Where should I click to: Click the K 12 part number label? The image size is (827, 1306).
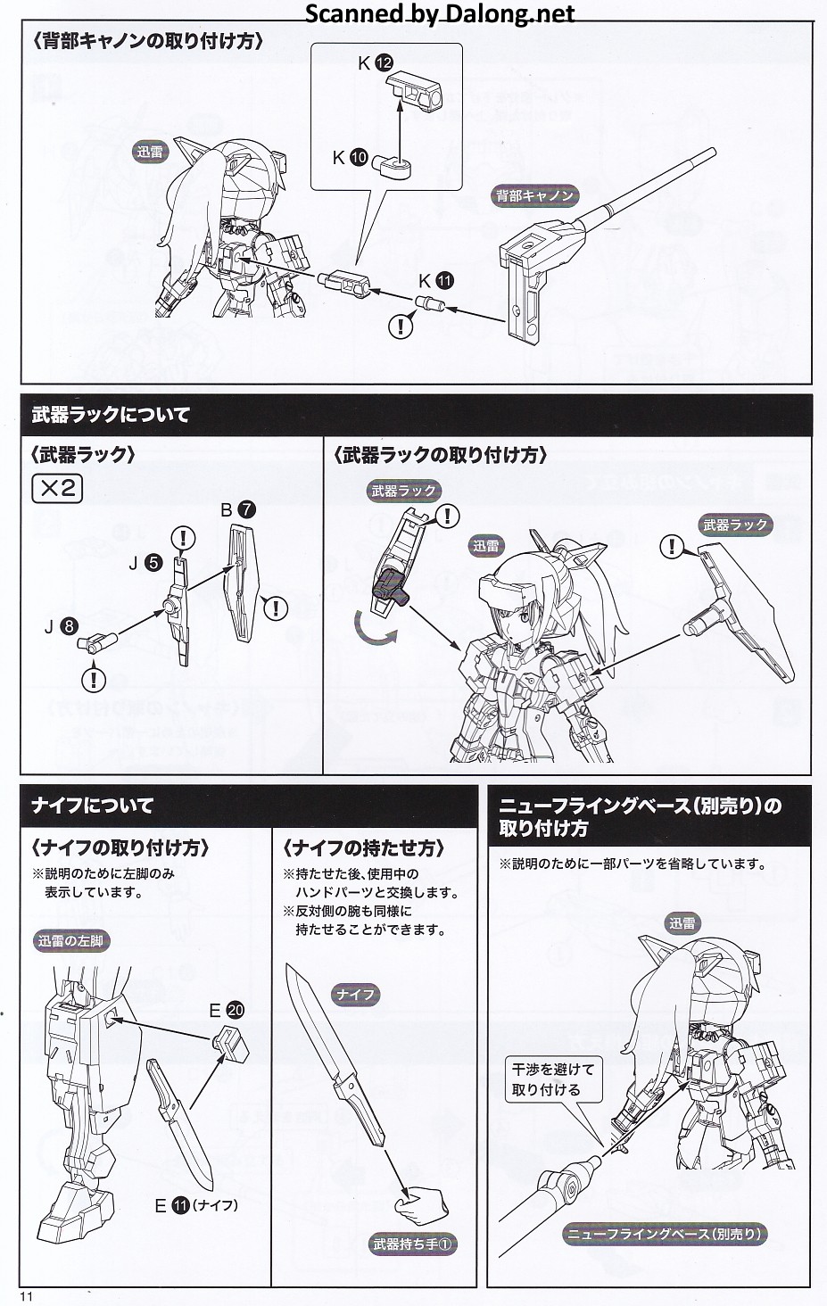[x=376, y=63]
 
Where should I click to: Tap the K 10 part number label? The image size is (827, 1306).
[x=350, y=157]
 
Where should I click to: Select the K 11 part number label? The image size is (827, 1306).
[x=435, y=281]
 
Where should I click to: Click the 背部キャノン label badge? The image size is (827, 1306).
[x=534, y=196]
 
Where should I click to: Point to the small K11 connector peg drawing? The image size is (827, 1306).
[x=430, y=304]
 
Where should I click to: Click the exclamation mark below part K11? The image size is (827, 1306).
[x=401, y=326]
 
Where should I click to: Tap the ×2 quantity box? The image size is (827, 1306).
[x=56, y=489]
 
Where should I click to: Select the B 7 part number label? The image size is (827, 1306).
[x=238, y=509]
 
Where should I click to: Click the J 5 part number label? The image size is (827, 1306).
[x=145, y=563]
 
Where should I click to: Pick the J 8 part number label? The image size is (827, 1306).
[x=61, y=627]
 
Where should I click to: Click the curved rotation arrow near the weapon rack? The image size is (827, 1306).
[x=373, y=630]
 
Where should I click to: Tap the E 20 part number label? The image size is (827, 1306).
[x=227, y=1010]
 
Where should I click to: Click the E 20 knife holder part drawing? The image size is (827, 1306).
[x=231, y=1044]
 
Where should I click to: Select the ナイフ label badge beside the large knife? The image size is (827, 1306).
[x=356, y=994]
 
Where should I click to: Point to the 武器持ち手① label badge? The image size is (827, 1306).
[x=413, y=1244]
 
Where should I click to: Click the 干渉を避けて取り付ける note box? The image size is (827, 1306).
[x=553, y=1079]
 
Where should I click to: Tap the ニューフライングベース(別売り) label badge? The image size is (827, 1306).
[x=665, y=1234]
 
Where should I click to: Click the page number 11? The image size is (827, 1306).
[x=26, y=1297]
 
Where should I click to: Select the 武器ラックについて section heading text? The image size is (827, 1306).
[x=111, y=415]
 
